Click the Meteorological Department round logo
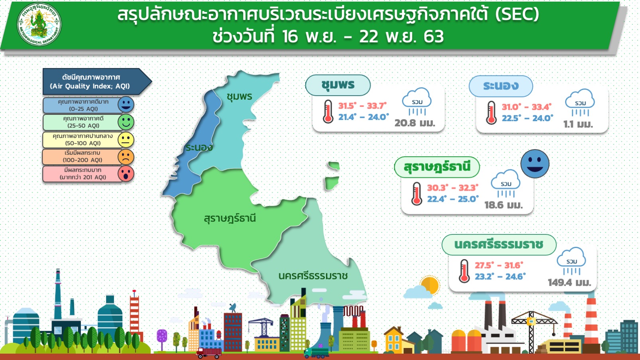[39, 24]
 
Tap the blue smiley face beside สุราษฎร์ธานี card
[534, 164]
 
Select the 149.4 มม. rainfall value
[569, 283]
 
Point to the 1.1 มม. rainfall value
[578, 124]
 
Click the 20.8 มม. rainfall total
[414, 123]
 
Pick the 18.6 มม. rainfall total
[503, 205]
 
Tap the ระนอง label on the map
[199, 147]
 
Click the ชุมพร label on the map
[240, 96]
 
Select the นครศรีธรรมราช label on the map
[313, 275]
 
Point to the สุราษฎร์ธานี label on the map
[230, 218]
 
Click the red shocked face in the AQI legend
[126, 173]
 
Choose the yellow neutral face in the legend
[126, 140]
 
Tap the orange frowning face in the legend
[126, 157]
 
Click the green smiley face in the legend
[126, 122]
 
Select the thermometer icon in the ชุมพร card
[328, 112]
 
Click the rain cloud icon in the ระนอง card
[580, 102]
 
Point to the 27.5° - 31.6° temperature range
[499, 266]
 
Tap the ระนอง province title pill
[501, 86]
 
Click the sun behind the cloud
[430, 285]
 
